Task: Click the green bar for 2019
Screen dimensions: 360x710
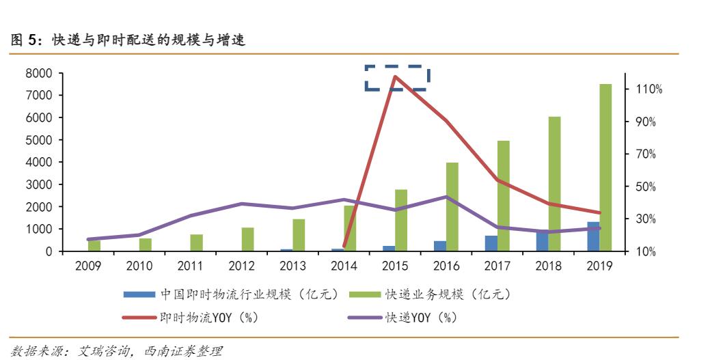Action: click(605, 167)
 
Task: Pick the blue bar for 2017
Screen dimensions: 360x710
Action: click(491, 243)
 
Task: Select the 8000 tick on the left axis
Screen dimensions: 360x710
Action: click(39, 73)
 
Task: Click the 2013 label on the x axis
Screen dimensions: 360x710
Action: click(292, 266)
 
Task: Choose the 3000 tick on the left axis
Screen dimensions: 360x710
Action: click(39, 184)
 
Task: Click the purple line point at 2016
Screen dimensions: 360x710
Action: click(446, 197)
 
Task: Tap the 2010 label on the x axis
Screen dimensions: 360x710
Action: click(139, 266)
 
